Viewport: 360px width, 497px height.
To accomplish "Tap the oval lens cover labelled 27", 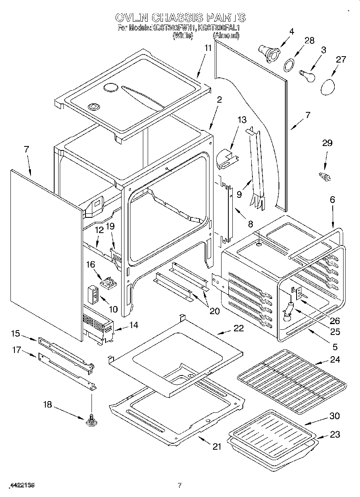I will (330, 86).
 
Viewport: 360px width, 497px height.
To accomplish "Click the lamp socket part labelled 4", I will (268, 54).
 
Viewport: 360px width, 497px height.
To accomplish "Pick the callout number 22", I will (238, 328).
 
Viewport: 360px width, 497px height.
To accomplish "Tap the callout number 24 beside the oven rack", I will (335, 360).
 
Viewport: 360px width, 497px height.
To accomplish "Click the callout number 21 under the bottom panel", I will (217, 447).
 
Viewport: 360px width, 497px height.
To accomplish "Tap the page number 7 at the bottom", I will (180, 485).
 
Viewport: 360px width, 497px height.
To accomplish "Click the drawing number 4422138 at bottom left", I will (22, 485).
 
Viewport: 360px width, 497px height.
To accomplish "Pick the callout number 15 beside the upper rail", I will (15, 333).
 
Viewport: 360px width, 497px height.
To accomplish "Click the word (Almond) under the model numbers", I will (226, 36).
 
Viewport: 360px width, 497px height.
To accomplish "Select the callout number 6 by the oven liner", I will (332, 199).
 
